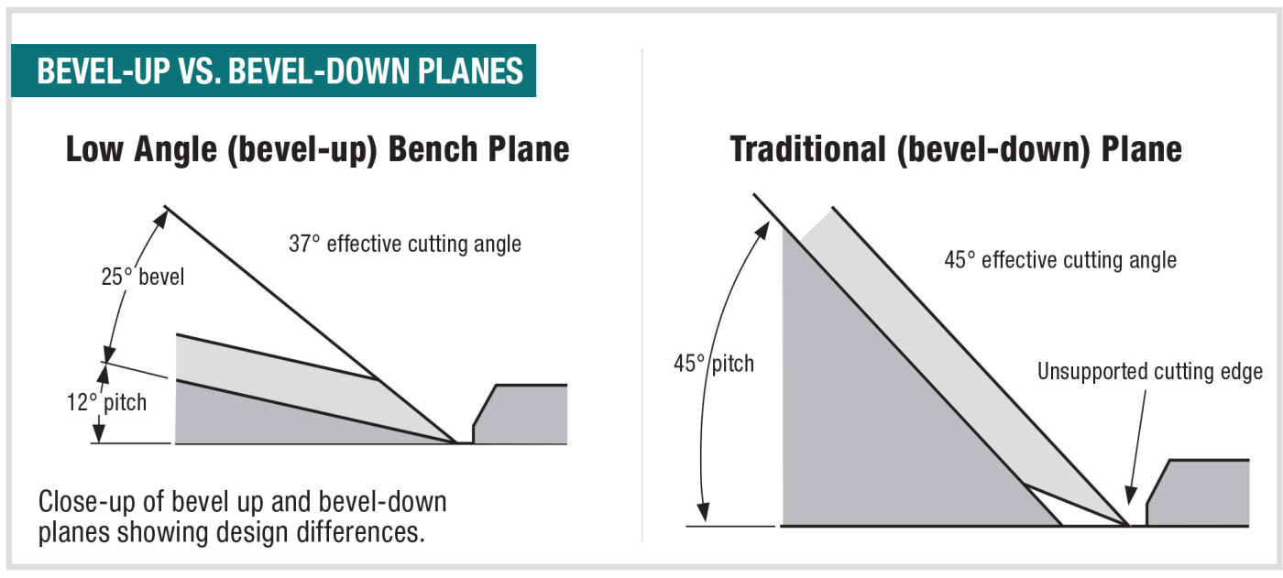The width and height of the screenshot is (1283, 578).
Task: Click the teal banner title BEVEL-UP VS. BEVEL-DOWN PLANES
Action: pyautogui.click(x=280, y=71)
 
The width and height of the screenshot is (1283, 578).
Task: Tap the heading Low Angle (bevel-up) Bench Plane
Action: pyautogui.click(x=317, y=150)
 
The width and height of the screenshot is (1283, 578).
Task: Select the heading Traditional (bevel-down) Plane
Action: pyautogui.click(x=956, y=150)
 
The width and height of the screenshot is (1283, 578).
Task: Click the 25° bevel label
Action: pyautogui.click(x=143, y=277)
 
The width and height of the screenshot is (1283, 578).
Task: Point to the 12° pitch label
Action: pyautogui.click(x=106, y=402)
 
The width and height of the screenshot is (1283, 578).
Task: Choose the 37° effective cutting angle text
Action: pyautogui.click(x=405, y=244)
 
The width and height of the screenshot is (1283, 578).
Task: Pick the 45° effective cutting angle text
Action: pyautogui.click(x=1060, y=260)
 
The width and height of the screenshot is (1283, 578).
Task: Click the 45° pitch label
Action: pyautogui.click(x=714, y=364)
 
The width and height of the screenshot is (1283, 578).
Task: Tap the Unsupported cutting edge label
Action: pyautogui.click(x=1150, y=371)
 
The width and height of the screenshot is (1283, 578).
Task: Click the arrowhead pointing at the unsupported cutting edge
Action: pyautogui.click(x=1130, y=495)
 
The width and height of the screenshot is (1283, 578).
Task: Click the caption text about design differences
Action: pyautogui.click(x=242, y=517)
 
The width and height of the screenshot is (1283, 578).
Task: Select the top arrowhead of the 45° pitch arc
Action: pyautogui.click(x=763, y=230)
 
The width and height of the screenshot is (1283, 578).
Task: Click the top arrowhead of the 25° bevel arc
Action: pyautogui.click(x=161, y=219)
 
